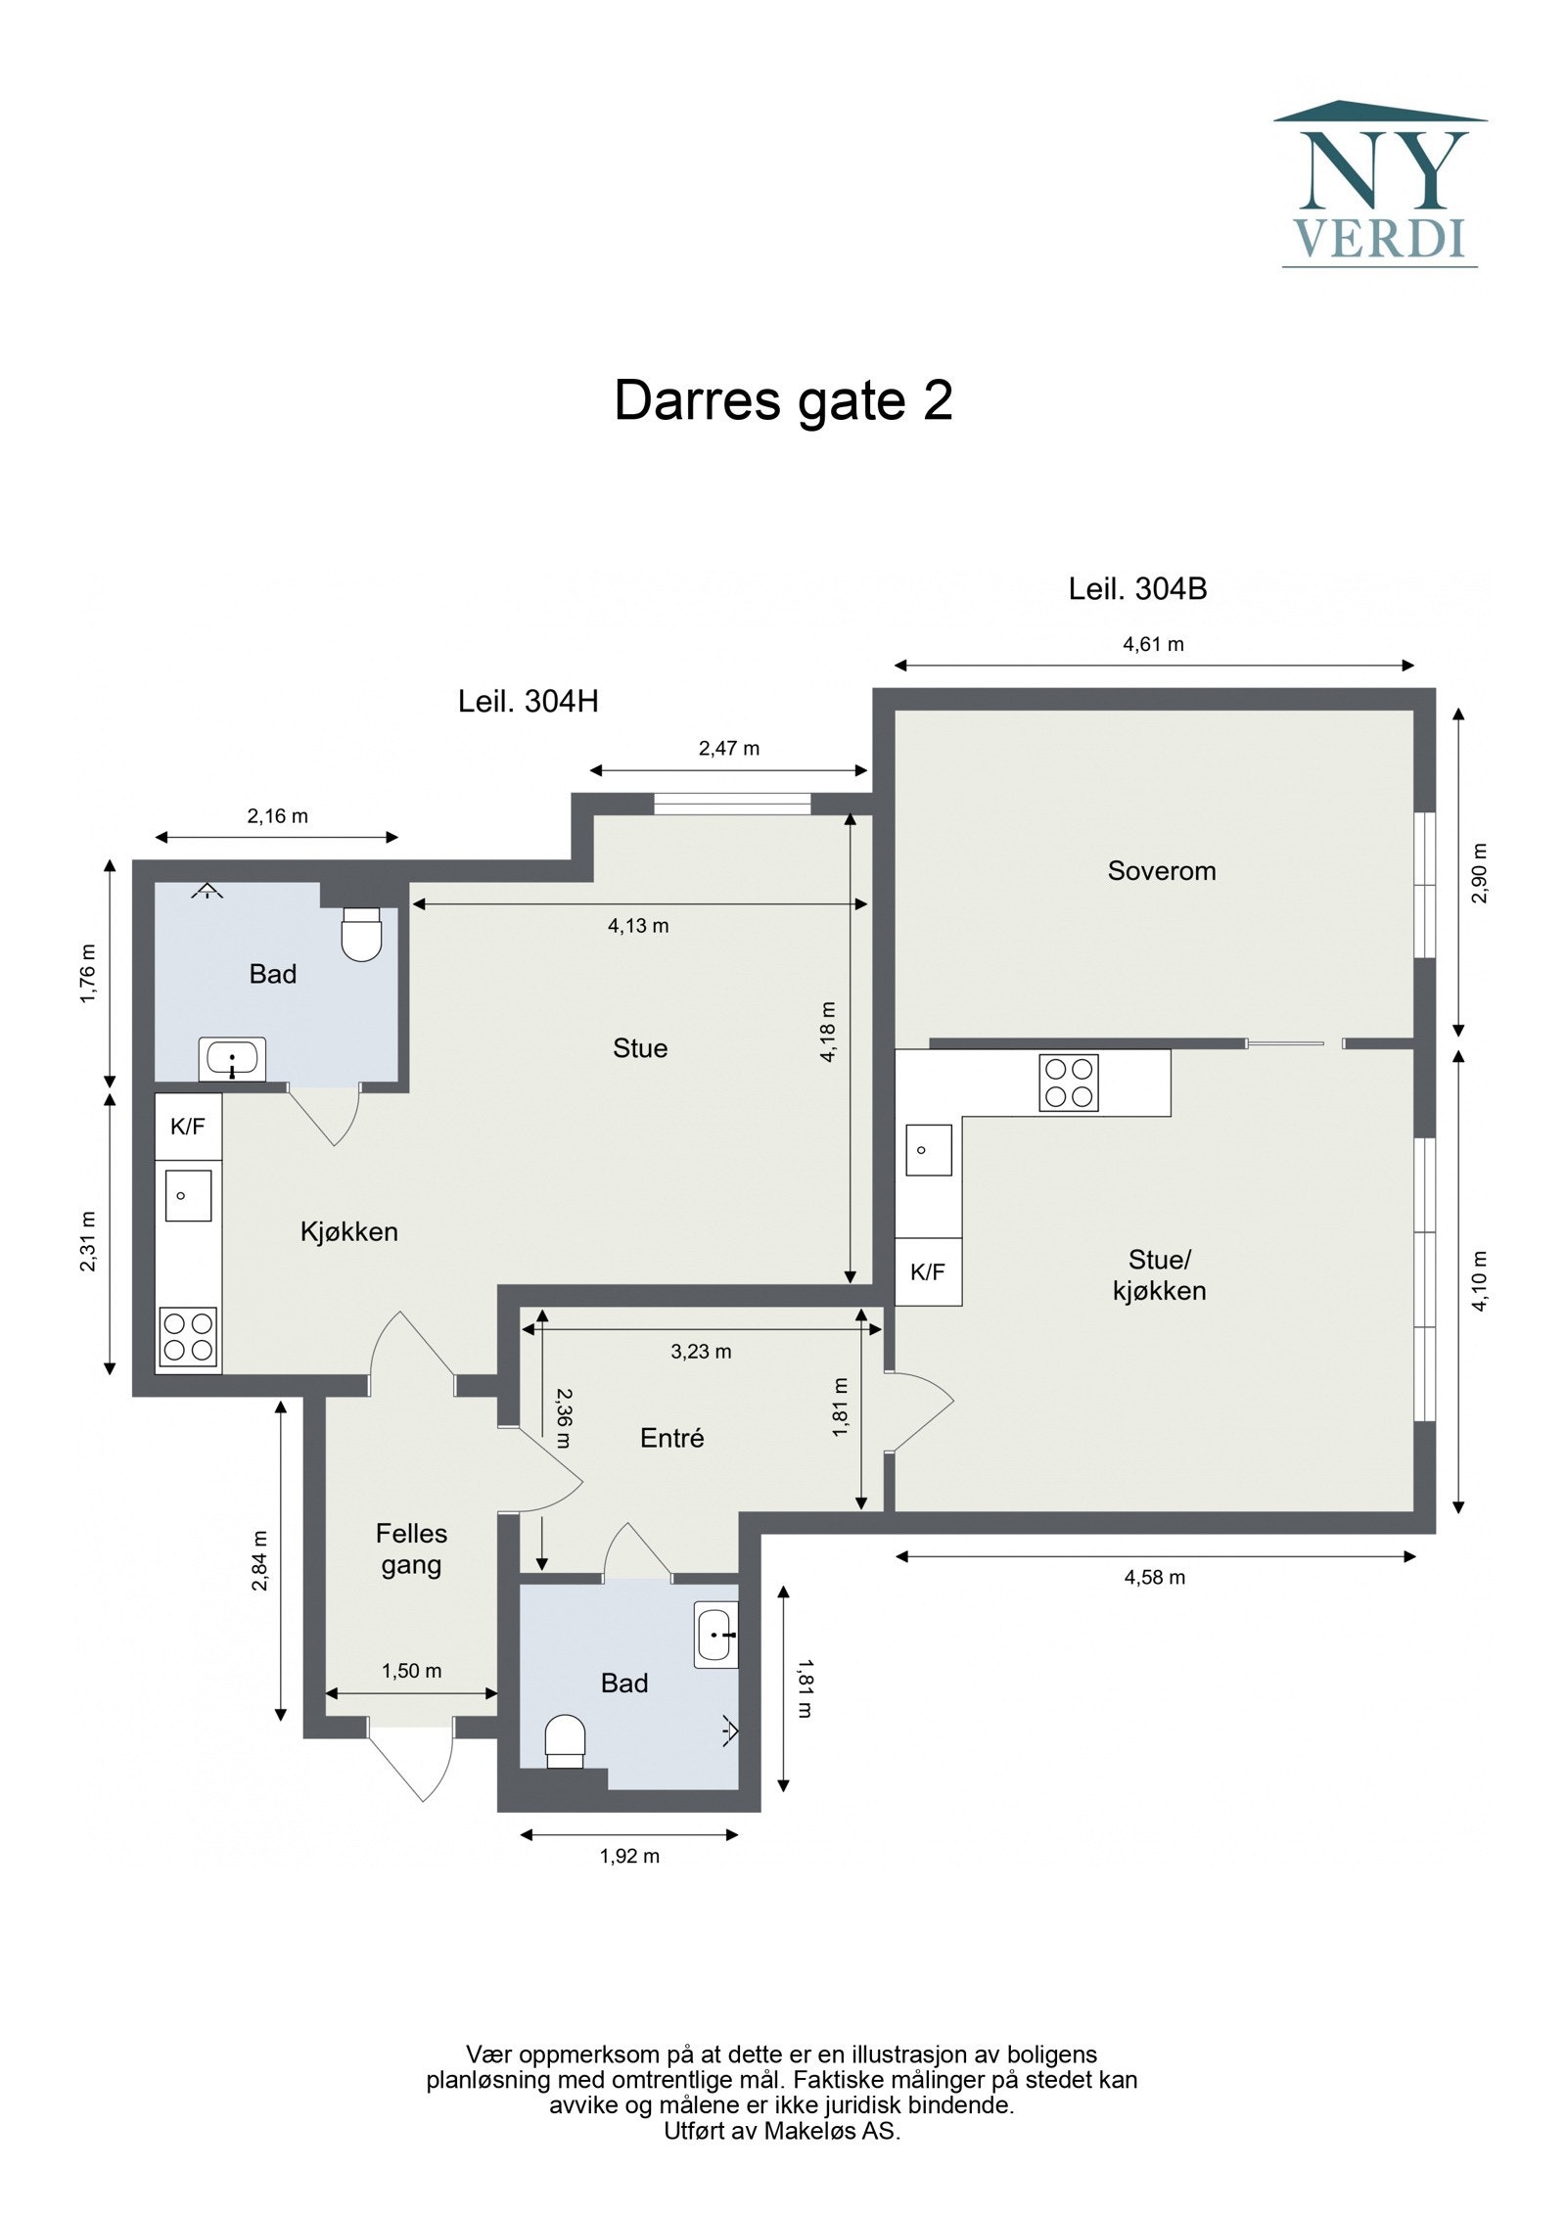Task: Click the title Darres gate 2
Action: (782, 400)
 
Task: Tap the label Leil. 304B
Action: (1137, 588)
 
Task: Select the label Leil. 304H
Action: (528, 701)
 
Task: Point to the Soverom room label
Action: (1161, 870)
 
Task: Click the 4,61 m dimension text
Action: (1152, 643)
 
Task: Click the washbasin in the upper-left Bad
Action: (232, 1059)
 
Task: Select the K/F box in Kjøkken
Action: (188, 1127)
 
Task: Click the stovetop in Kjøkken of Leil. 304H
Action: (188, 1337)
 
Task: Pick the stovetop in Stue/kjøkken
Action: (1068, 1083)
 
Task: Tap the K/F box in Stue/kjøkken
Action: (928, 1271)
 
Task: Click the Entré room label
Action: (671, 1438)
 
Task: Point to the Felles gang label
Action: (411, 1548)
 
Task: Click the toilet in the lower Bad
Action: (565, 1740)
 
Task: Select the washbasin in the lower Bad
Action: (715, 1635)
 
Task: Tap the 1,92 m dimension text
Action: (629, 1856)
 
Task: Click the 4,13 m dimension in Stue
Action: (638, 925)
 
